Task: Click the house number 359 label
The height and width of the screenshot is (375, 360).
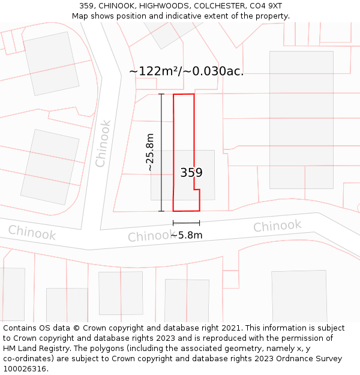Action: (191, 173)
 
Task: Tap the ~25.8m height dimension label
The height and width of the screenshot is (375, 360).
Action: (150, 152)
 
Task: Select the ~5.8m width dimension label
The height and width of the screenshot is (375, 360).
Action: (186, 235)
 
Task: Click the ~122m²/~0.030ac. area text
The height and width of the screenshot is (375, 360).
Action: (186, 71)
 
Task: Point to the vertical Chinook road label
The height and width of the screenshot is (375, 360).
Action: (103, 143)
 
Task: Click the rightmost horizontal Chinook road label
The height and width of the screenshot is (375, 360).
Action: (277, 226)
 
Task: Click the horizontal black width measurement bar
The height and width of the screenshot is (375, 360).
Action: (186, 223)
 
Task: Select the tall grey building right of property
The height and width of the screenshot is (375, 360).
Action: (301, 120)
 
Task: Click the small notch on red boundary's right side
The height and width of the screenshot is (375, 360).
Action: (197, 190)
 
